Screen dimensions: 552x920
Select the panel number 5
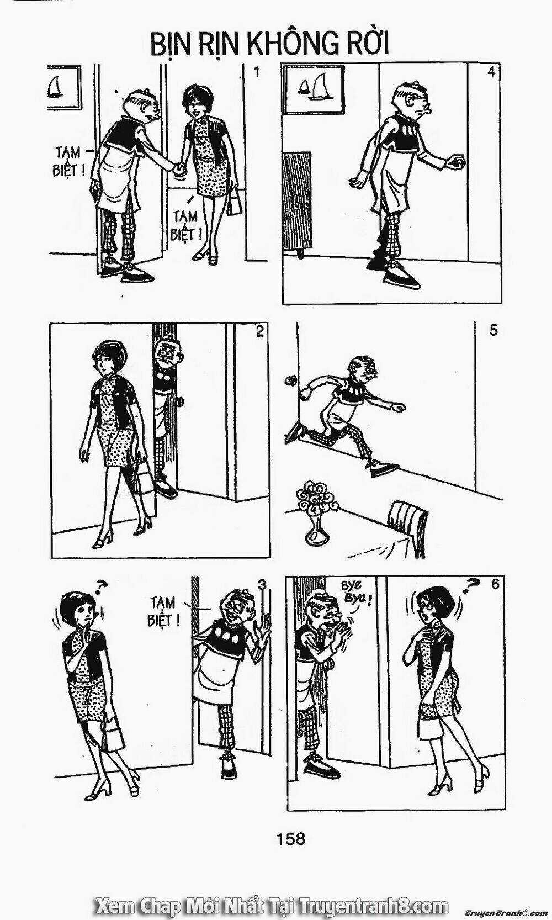tap(493, 330)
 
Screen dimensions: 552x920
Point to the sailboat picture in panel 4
tap(314, 89)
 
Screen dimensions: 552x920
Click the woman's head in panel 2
tap(107, 357)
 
